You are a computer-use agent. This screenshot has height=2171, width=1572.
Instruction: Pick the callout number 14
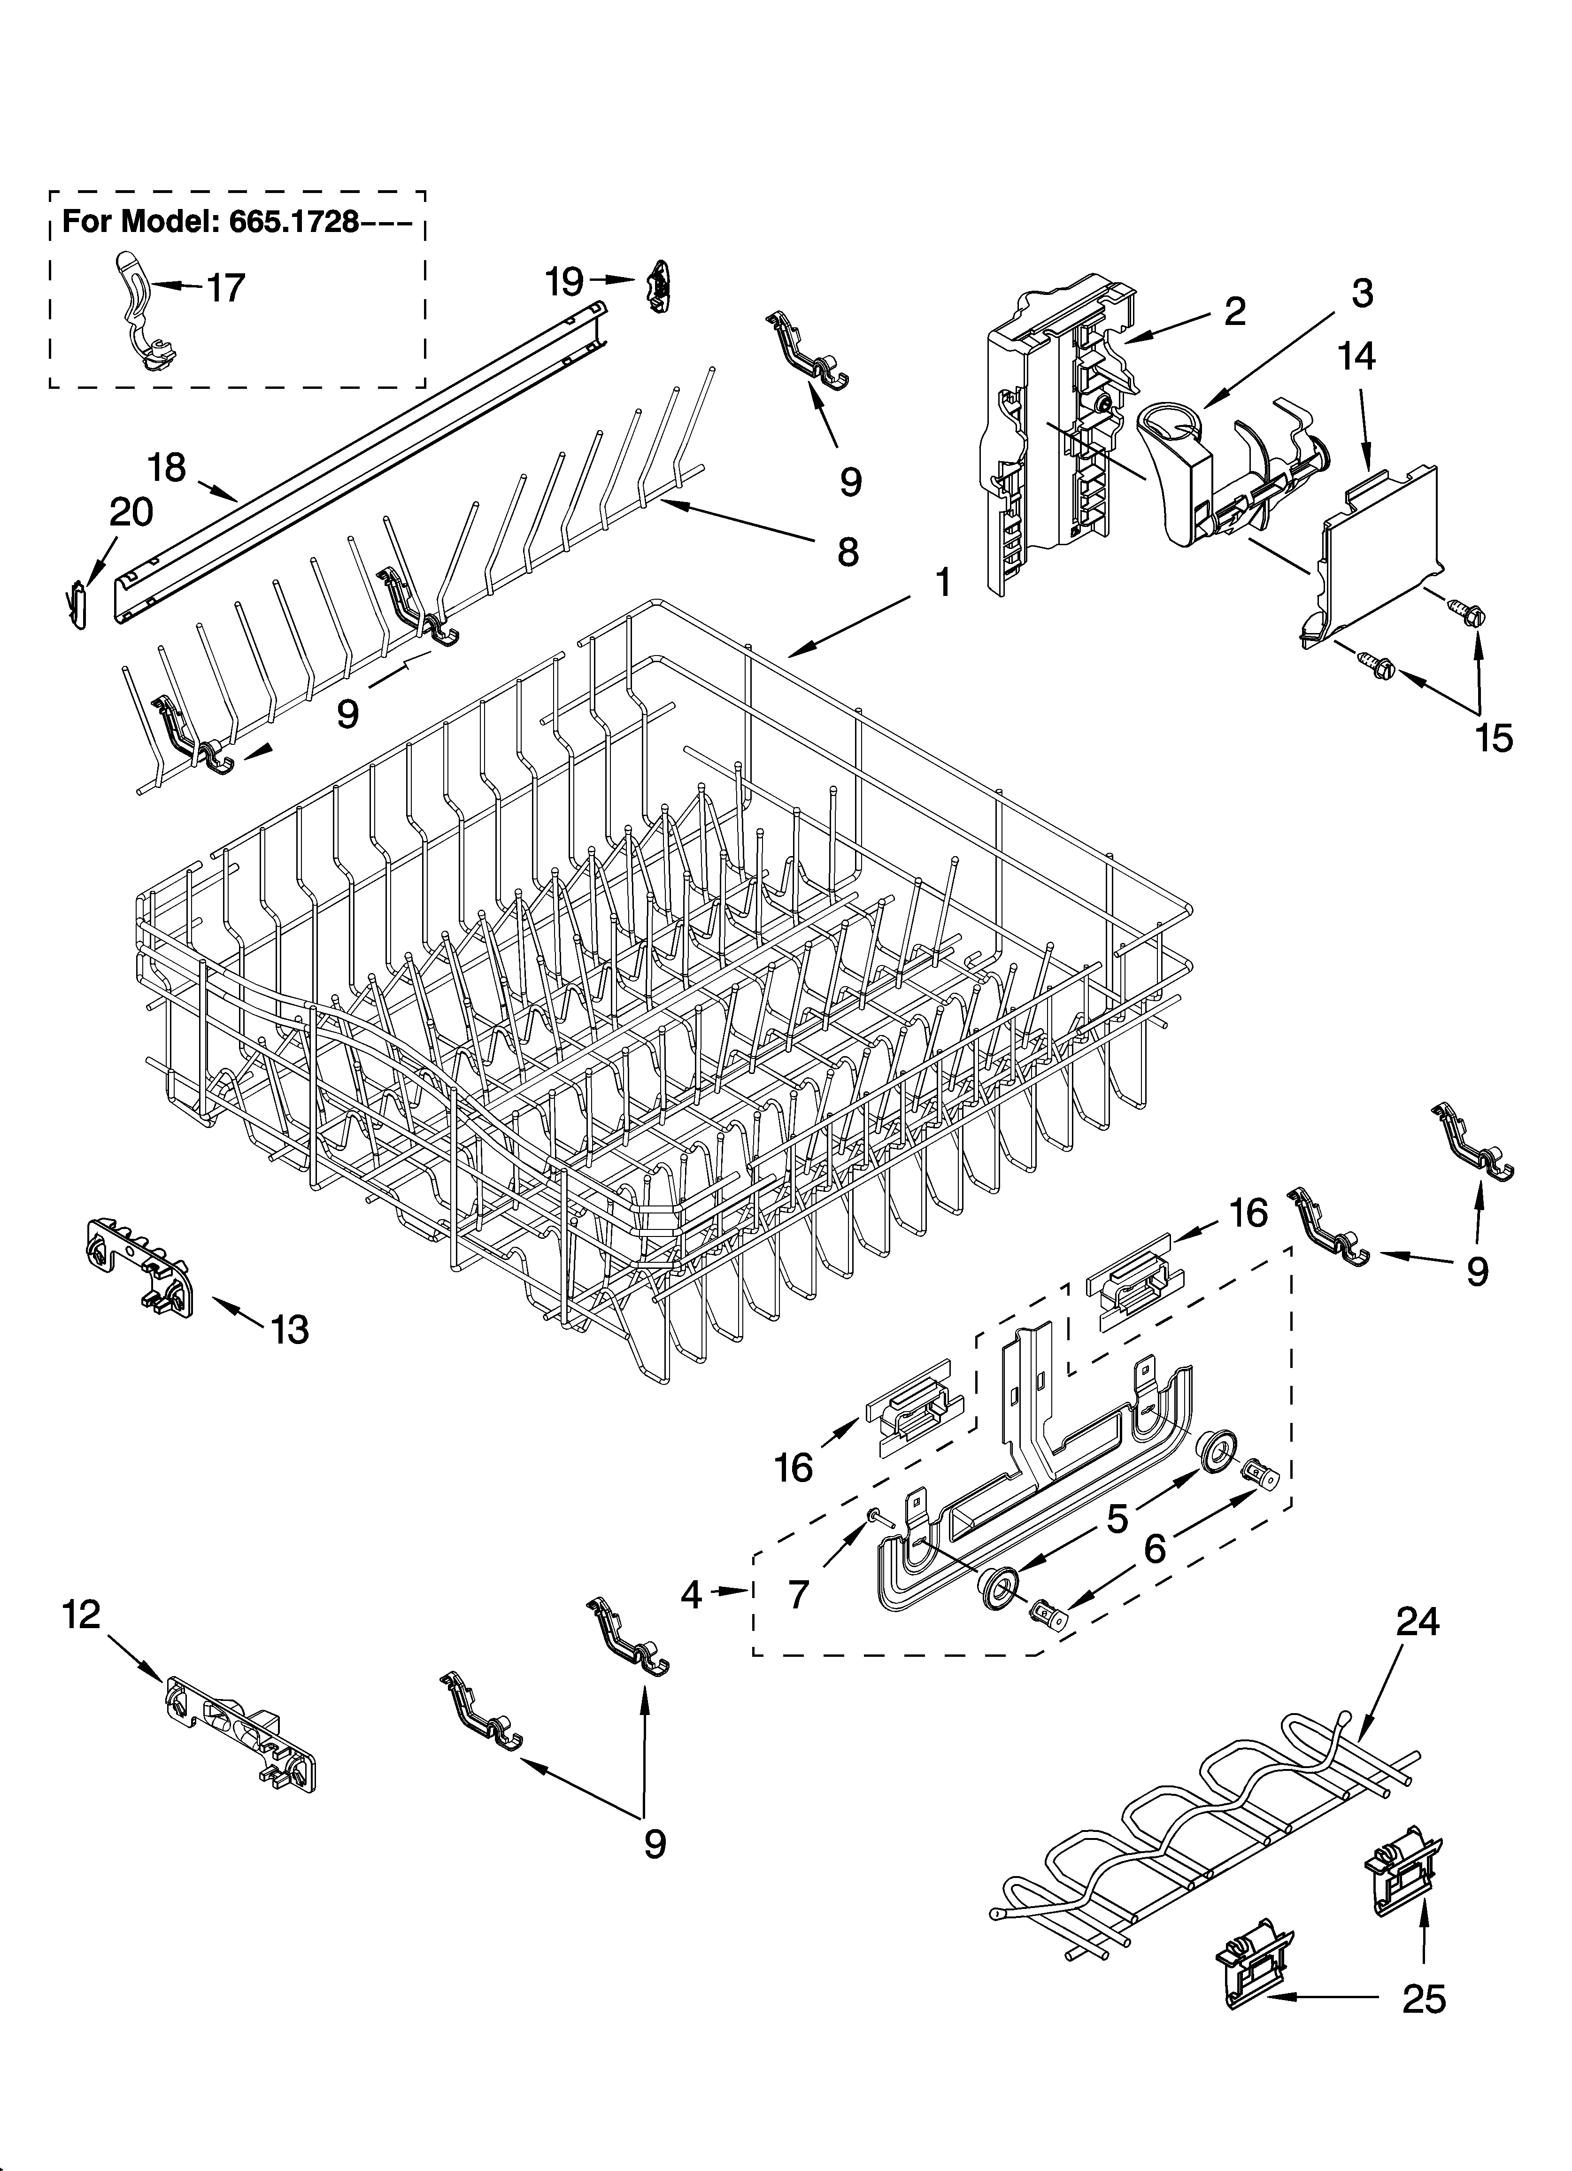tap(1357, 356)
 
